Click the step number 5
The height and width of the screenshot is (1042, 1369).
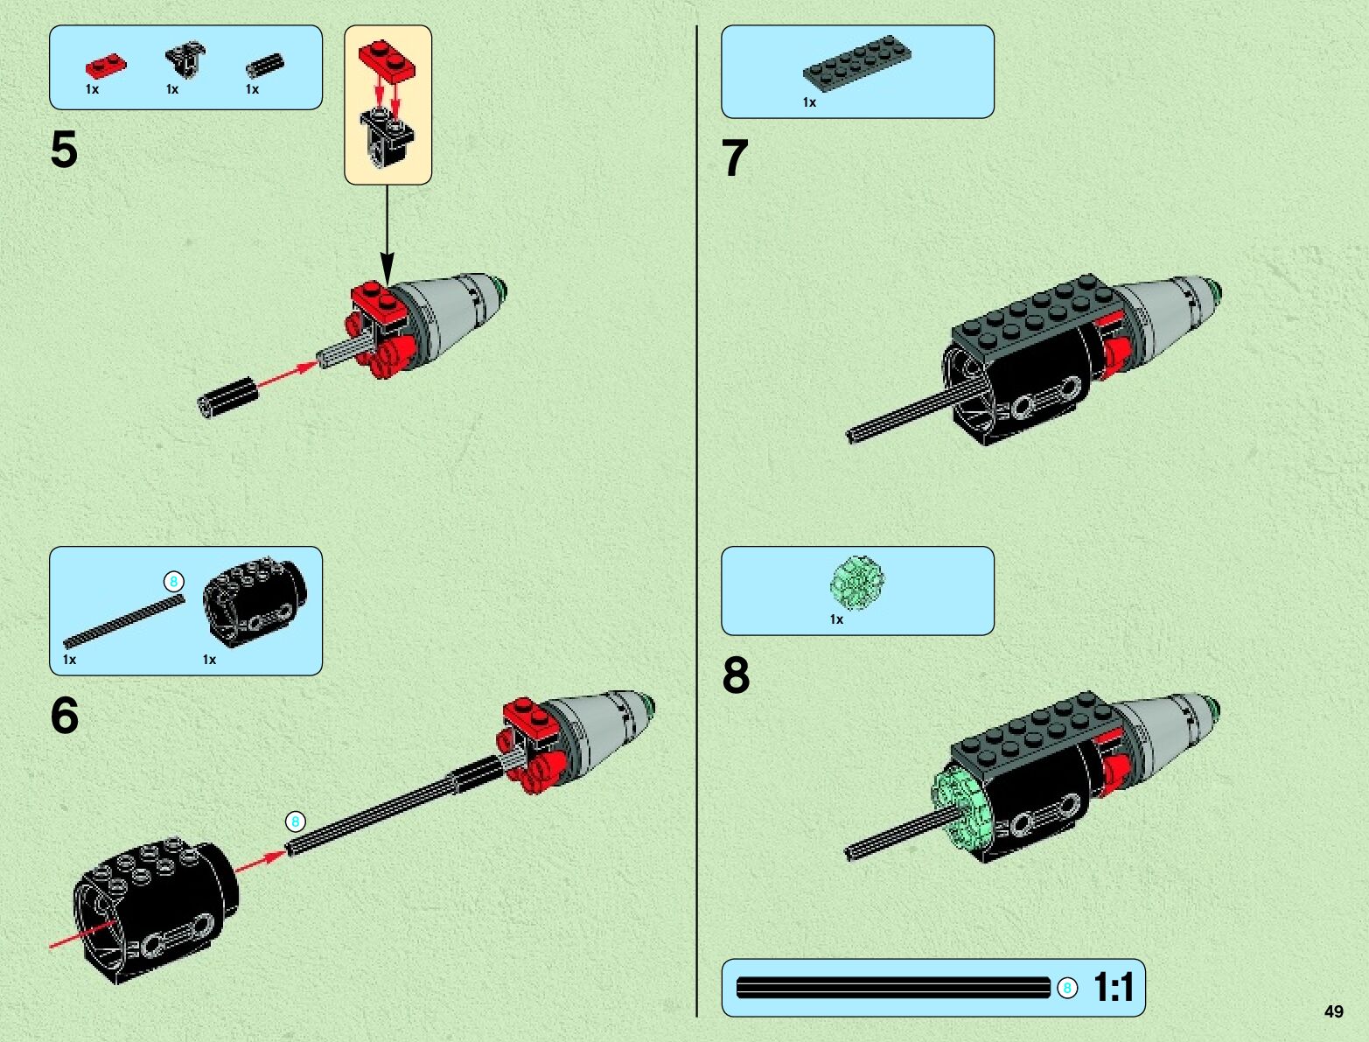click(64, 150)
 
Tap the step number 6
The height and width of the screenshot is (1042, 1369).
click(64, 716)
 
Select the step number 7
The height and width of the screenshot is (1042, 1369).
click(735, 158)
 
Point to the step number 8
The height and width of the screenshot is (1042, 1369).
click(736, 675)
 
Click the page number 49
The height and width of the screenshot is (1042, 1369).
click(1333, 1011)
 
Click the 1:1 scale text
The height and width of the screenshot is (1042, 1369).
click(1113, 988)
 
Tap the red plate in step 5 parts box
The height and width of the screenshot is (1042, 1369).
click(105, 66)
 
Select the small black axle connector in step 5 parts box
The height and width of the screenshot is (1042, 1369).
click(263, 65)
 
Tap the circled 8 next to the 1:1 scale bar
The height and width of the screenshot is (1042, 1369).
click(1066, 989)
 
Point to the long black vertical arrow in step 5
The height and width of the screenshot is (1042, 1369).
click(387, 232)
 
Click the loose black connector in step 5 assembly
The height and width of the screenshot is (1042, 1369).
click(227, 397)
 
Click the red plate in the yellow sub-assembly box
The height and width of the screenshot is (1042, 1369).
click(386, 59)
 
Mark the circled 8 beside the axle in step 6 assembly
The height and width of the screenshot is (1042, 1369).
click(296, 822)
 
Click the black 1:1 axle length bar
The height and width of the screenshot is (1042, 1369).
click(893, 989)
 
